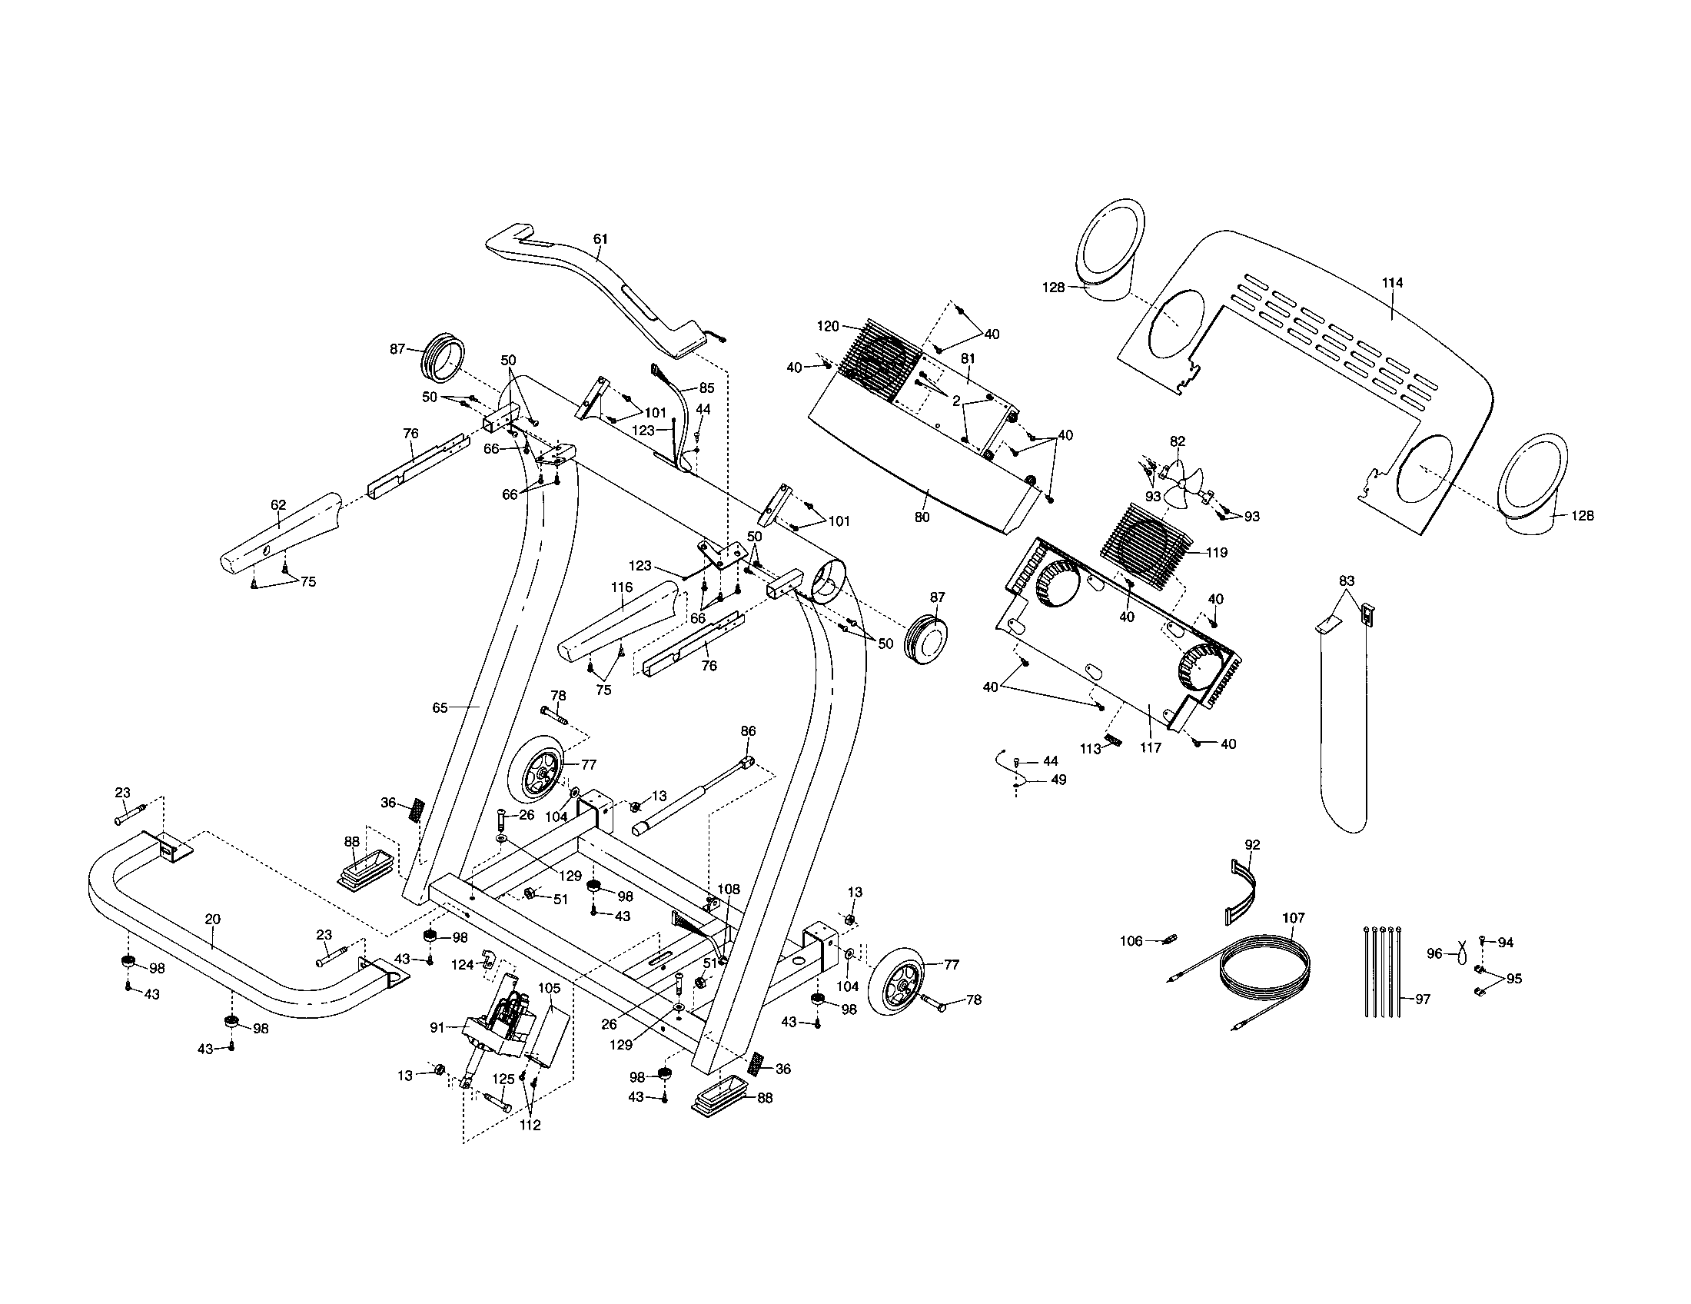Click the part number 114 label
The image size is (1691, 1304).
pyautogui.click(x=1392, y=284)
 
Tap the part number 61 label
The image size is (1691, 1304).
pyautogui.click(x=601, y=239)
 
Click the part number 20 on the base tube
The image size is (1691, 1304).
pyautogui.click(x=212, y=919)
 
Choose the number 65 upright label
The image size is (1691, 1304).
pyautogui.click(x=440, y=708)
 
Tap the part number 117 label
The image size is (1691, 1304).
pyautogui.click(x=1151, y=748)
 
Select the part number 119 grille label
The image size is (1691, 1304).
pyautogui.click(x=1217, y=553)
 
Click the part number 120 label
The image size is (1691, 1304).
pyautogui.click(x=828, y=327)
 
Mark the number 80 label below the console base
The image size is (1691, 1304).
pyautogui.click(x=922, y=517)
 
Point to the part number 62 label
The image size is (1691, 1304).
pyautogui.click(x=278, y=505)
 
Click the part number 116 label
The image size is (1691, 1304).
pyautogui.click(x=622, y=587)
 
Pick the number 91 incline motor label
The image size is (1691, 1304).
pyautogui.click(x=437, y=1026)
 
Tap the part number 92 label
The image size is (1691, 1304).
pyautogui.click(x=1252, y=845)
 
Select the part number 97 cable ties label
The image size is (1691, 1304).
pyautogui.click(x=1422, y=999)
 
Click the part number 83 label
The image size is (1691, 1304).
pyautogui.click(x=1347, y=580)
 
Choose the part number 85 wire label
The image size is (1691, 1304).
pyautogui.click(x=706, y=388)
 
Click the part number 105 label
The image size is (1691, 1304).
pyautogui.click(x=549, y=988)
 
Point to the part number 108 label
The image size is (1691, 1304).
pyautogui.click(x=728, y=890)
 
